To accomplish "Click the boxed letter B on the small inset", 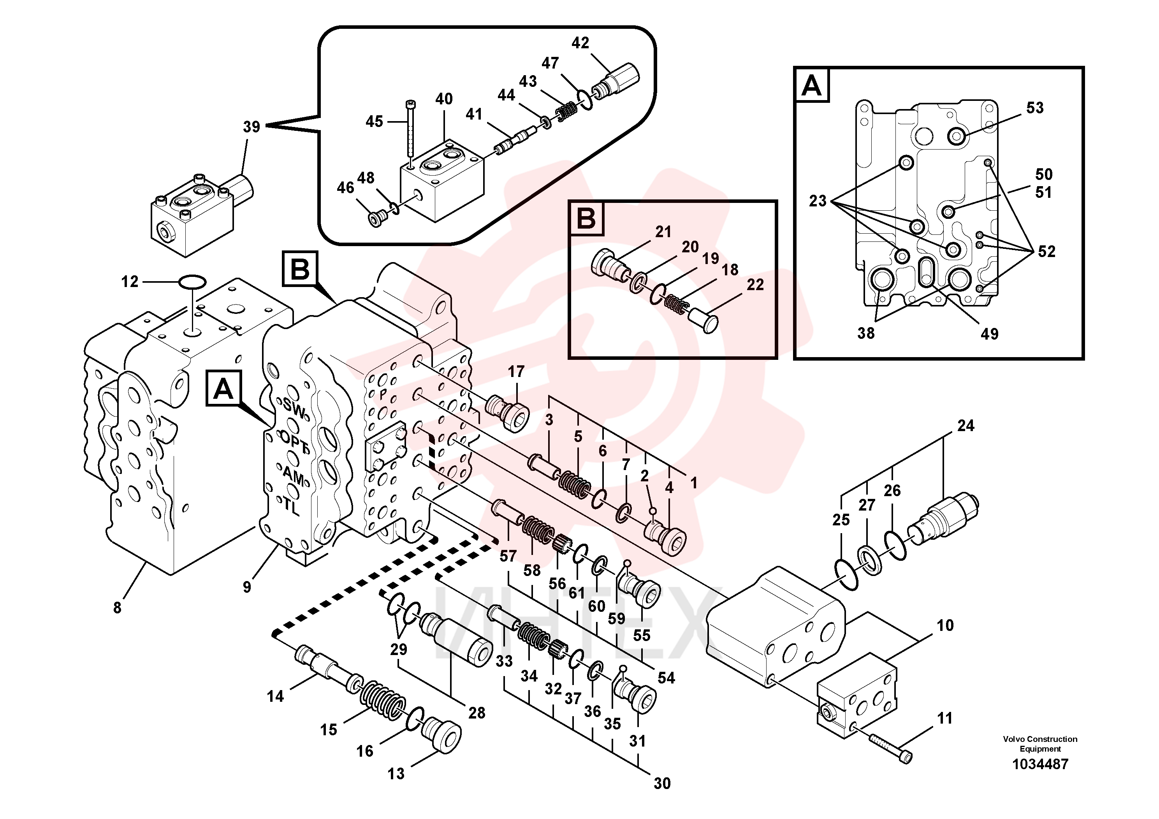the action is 586,218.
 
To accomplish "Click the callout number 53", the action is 1035,107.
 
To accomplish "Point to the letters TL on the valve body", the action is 291,506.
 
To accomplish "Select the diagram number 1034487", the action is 1040,764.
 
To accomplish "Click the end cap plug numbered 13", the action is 440,734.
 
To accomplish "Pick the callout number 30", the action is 662,783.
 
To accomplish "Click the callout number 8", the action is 117,608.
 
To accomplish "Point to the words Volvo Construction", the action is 1040,739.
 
